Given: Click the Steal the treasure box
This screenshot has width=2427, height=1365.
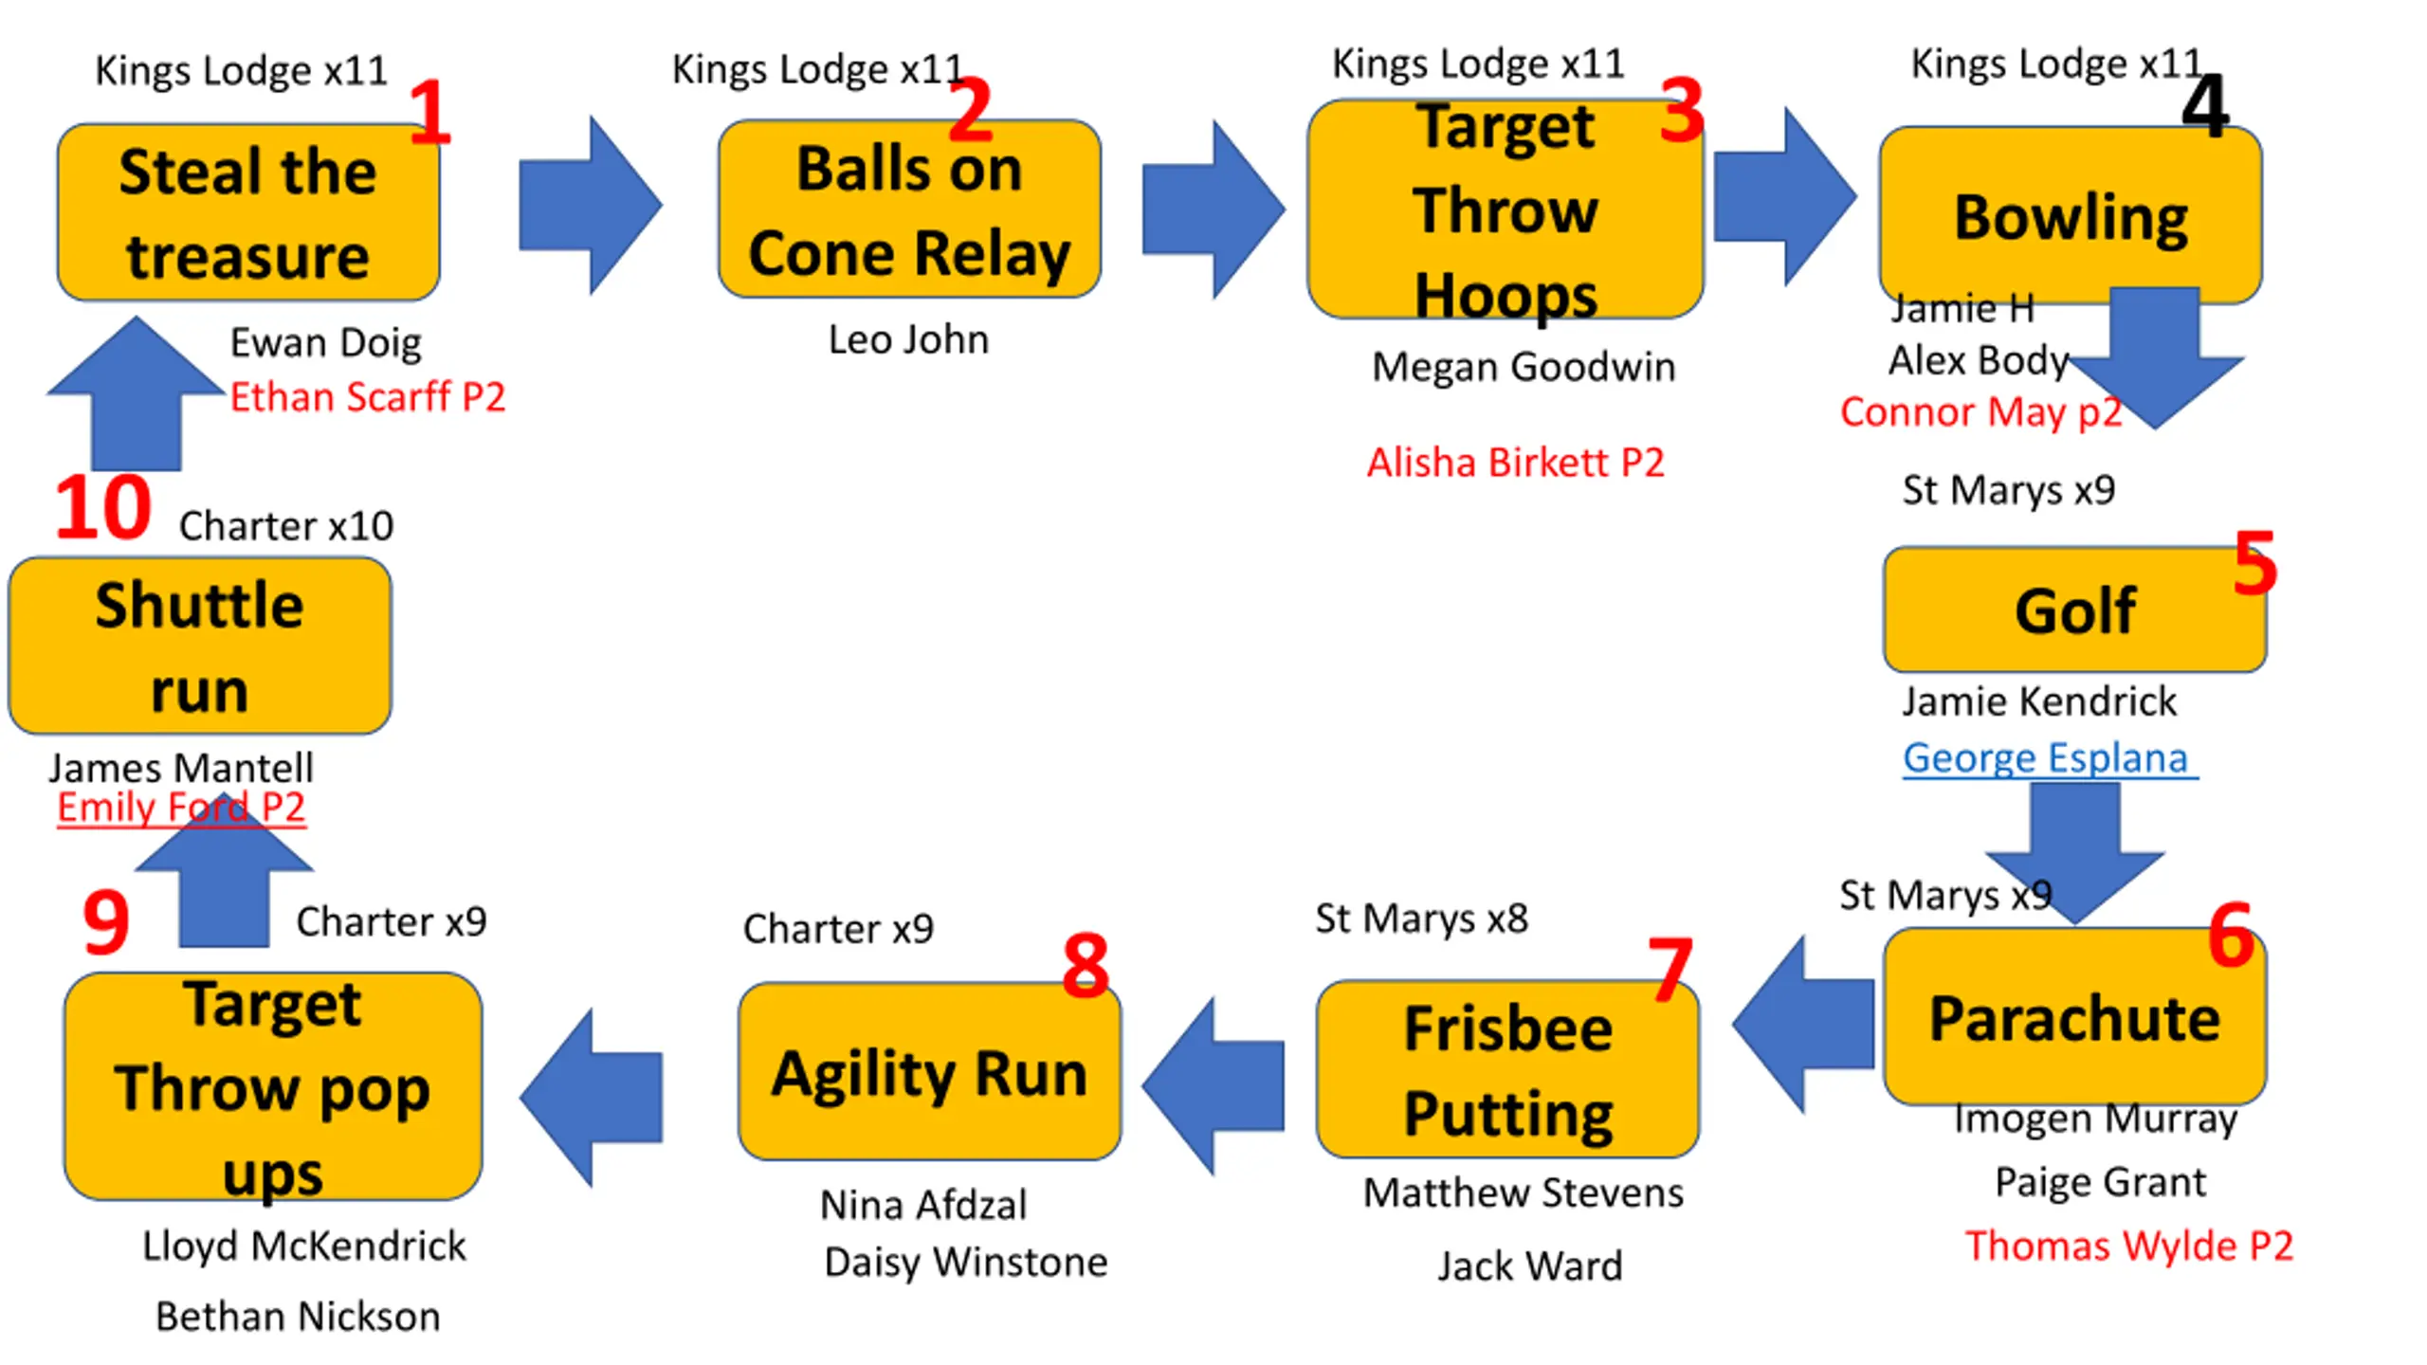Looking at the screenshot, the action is [248, 212].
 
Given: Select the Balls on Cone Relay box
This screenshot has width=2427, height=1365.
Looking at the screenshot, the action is [909, 209].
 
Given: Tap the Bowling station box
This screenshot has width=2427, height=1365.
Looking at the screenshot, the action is [2071, 215].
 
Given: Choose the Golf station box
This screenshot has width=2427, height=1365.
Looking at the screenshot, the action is [2074, 610].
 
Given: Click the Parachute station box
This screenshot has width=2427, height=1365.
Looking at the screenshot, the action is [2074, 1016].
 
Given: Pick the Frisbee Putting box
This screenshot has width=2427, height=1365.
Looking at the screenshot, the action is [1507, 1069].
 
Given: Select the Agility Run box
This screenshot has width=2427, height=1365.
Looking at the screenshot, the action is [929, 1071].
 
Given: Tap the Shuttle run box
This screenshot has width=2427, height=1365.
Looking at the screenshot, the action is [199, 646].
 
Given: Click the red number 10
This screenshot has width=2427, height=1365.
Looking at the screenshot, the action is [102, 508].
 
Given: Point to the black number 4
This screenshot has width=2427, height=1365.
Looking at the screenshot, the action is [2205, 106].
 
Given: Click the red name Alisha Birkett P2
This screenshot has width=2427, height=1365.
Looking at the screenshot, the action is [1515, 463].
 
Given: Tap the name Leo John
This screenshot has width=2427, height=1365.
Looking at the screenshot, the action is [908, 339].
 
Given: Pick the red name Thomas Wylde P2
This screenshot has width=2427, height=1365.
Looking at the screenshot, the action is [2129, 1246].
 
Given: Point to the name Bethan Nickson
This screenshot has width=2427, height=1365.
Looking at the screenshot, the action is [298, 1317].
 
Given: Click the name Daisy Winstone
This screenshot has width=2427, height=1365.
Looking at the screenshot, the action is [965, 1263].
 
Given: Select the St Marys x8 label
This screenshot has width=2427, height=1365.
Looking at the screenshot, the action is [1421, 919].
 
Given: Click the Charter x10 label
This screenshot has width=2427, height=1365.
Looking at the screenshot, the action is [285, 526].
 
